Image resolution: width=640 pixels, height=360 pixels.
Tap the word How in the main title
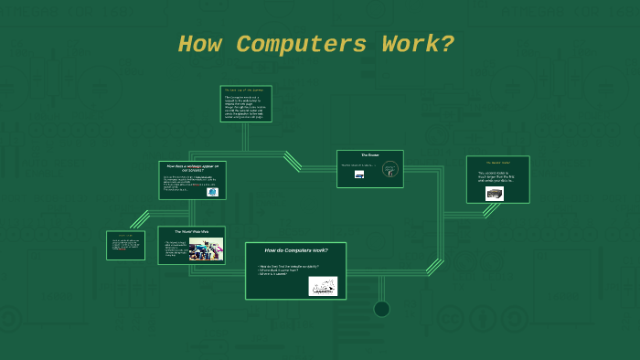(x=199, y=44)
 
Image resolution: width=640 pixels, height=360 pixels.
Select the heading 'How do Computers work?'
(x=295, y=250)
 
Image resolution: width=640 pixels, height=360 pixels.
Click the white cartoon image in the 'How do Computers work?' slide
(x=322, y=286)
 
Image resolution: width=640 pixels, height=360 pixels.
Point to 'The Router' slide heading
(x=369, y=155)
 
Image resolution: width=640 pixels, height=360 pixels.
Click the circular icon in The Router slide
(x=389, y=168)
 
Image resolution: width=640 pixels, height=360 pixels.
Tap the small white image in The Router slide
(x=359, y=175)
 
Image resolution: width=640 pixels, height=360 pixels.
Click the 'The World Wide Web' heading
(x=191, y=232)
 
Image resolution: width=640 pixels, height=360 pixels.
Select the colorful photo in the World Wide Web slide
(x=206, y=249)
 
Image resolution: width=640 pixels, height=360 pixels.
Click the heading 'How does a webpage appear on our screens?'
(x=192, y=167)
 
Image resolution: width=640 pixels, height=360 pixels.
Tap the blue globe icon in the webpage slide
(x=213, y=192)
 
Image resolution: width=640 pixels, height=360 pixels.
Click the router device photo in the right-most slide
(x=495, y=194)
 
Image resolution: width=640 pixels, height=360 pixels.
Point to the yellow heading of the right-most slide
(x=497, y=163)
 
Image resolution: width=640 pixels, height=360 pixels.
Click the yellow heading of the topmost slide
(x=246, y=90)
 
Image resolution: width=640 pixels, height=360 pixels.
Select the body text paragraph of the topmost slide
(x=246, y=107)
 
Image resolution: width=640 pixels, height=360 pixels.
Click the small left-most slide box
(x=125, y=245)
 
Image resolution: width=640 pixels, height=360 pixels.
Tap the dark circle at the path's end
(x=381, y=309)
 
